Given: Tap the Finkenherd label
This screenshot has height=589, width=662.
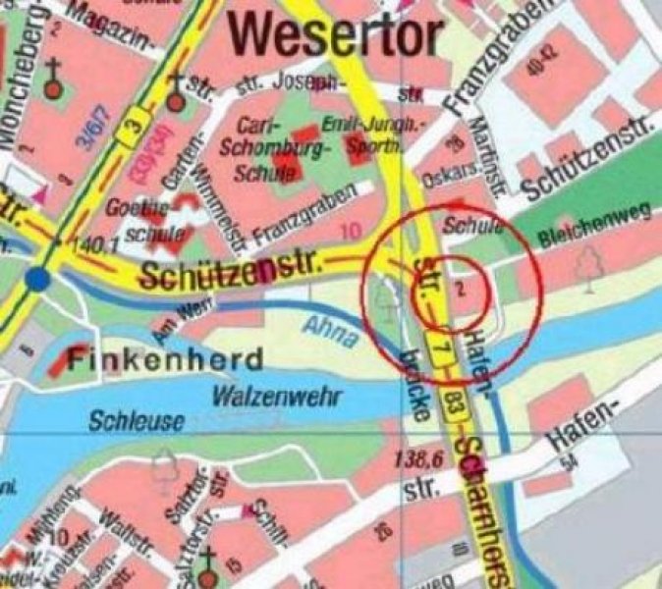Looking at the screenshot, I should pos(165,356).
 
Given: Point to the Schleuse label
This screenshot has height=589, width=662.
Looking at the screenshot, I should pos(137,422).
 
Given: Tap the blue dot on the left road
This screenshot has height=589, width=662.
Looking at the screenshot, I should pos(38,279).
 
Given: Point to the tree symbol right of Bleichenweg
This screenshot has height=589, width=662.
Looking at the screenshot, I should pos(589,266).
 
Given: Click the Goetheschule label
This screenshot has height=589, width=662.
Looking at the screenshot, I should pos(141,221).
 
